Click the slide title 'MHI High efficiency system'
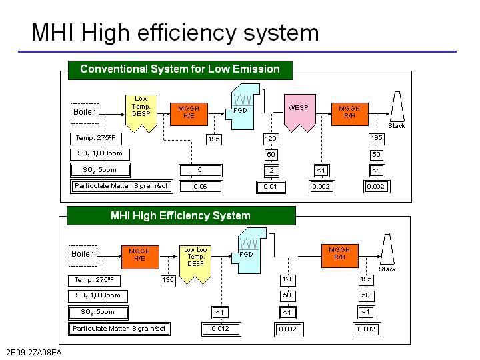(x=175, y=32)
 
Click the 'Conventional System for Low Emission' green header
(x=180, y=69)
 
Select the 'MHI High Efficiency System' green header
(x=181, y=215)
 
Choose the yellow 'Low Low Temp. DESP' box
(x=195, y=257)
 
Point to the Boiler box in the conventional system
(x=84, y=112)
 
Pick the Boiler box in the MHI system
(x=82, y=254)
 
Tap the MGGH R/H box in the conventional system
(x=349, y=111)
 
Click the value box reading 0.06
(x=200, y=187)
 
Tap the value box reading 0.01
(x=271, y=187)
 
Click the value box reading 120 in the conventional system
(x=271, y=139)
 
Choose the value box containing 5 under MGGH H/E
(x=200, y=171)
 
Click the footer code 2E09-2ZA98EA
(x=33, y=352)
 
